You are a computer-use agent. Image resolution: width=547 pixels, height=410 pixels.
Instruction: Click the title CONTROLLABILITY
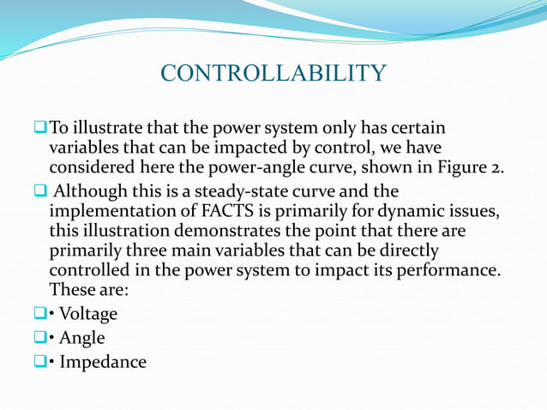tap(273, 73)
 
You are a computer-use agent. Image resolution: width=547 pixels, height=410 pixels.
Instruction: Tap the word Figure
tap(464, 166)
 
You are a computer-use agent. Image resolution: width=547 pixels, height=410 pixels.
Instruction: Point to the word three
tap(145, 251)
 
